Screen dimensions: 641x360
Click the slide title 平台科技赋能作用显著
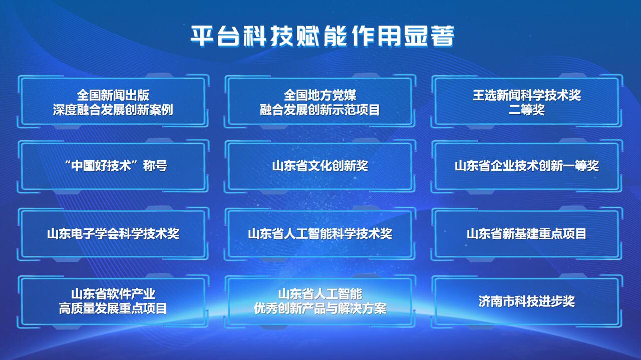[322, 36]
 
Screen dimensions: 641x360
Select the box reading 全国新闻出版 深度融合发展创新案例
[113, 102]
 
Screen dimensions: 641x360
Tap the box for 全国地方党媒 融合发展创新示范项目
[320, 102]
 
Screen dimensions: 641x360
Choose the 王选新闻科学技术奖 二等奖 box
[527, 102]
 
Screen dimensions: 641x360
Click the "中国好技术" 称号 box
[113, 166]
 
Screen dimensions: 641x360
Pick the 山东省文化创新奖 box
[320, 166]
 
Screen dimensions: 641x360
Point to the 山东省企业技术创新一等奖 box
[527, 166]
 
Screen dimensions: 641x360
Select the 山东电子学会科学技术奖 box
[113, 234]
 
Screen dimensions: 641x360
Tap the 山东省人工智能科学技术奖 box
[320, 234]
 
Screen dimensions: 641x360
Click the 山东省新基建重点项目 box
[527, 234]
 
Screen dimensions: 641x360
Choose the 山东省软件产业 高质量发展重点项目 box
[113, 301]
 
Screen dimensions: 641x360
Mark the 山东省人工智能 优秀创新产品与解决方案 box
[320, 301]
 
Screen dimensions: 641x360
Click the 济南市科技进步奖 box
[527, 301]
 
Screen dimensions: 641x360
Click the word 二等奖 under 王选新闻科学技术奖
[526, 110]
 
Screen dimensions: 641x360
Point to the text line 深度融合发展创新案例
[113, 110]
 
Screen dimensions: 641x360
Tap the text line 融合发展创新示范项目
[320, 110]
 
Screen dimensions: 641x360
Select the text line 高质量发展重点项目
[113, 309]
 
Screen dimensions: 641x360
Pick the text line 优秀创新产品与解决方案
[320, 309]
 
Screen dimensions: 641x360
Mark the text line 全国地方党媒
[320, 95]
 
